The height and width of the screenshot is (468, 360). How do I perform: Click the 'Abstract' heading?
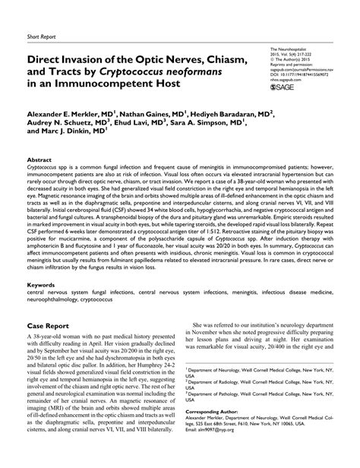click(39, 160)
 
